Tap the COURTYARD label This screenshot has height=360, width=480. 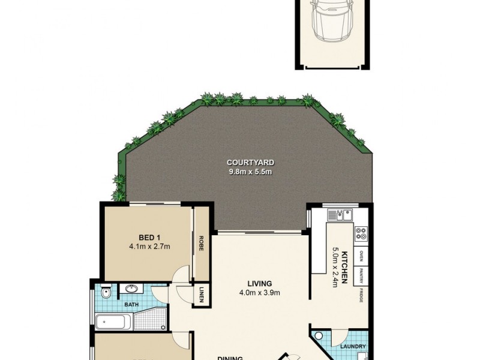point(250,163)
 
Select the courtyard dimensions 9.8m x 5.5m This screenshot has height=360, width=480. point(250,172)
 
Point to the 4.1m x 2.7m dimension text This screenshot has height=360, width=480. point(149,246)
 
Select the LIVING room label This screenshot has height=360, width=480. point(259,284)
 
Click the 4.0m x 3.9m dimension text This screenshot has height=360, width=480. point(259,293)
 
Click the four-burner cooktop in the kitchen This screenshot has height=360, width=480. point(361,232)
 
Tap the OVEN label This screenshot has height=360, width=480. point(361,256)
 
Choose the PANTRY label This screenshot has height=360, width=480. point(361,276)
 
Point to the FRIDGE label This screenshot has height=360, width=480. point(361,295)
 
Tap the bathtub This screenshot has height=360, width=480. point(113,321)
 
